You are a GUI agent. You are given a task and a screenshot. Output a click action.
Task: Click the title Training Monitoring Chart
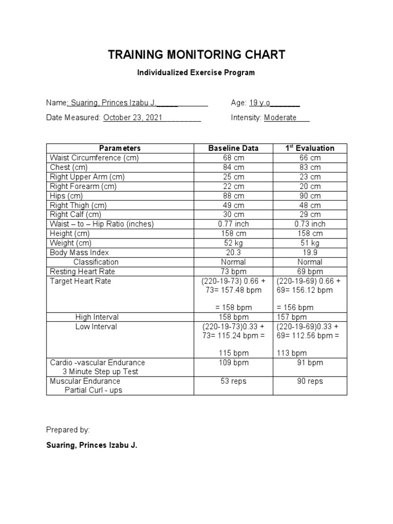coord(196,55)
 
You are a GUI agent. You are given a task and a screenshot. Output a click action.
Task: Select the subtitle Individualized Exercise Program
coord(195,73)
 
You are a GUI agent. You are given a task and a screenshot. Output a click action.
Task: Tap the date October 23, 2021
coord(133,118)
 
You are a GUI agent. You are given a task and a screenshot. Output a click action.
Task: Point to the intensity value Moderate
coord(280,118)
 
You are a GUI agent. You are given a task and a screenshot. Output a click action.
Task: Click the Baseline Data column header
coord(233,148)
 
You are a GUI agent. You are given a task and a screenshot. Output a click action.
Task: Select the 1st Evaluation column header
coord(310,148)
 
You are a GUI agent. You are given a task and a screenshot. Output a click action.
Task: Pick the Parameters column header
coord(120,148)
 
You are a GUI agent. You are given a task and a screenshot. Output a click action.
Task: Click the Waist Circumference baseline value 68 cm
coord(233,158)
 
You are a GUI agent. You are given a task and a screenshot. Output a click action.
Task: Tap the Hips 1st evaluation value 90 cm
coord(310,195)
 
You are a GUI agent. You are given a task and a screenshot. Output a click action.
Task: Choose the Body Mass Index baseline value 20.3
coord(233,252)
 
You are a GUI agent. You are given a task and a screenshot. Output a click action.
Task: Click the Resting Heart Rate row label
coord(82,271)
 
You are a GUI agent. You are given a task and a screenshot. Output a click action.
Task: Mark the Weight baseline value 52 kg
coord(233,243)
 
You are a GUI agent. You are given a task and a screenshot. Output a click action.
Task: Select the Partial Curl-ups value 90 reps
coord(310,381)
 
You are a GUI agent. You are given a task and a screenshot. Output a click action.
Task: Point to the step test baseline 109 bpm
coord(233,363)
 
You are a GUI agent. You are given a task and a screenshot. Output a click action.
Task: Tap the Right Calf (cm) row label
coord(76,214)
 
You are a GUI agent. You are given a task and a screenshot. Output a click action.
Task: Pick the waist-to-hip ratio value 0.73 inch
coord(310,224)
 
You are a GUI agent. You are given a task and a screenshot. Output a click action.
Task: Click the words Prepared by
coord(68,430)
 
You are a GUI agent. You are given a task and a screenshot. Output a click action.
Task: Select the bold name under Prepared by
coord(92,446)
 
